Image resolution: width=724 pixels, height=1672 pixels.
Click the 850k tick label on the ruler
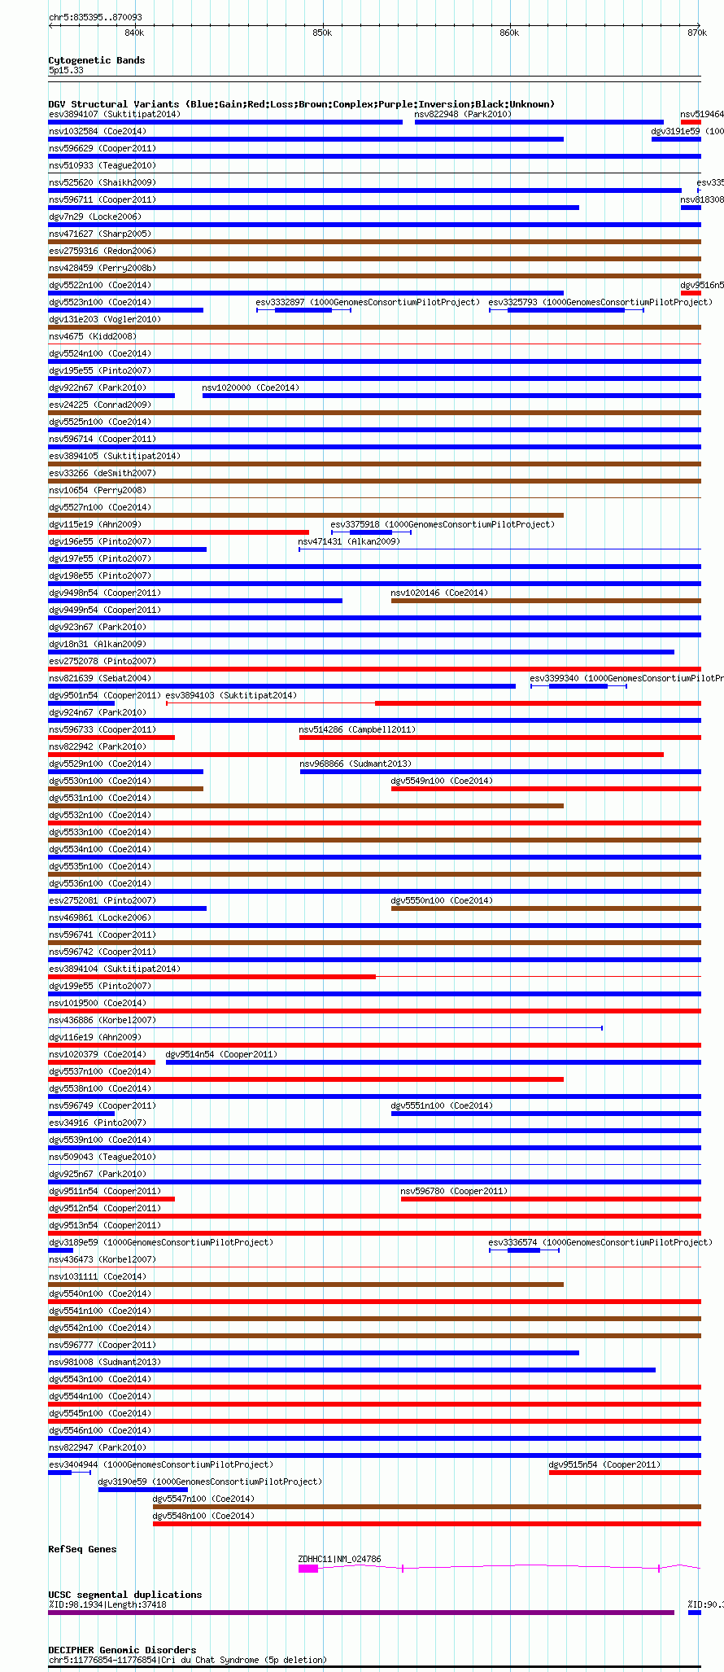[x=322, y=33]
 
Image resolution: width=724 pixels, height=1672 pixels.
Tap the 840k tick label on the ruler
[x=134, y=33]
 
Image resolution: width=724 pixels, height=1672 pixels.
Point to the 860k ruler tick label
[x=509, y=33]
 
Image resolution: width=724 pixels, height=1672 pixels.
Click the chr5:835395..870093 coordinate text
[x=95, y=17]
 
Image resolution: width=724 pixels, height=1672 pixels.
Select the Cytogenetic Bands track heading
[x=96, y=60]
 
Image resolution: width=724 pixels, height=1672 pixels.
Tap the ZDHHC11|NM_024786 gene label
[x=339, y=1559]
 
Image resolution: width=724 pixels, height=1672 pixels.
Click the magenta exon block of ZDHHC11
[x=307, y=1569]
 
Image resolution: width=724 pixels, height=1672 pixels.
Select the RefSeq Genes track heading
[x=82, y=1549]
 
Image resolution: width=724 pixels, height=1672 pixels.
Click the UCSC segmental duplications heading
[x=124, y=1595]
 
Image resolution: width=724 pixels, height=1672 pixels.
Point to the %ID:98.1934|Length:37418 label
[x=107, y=1605]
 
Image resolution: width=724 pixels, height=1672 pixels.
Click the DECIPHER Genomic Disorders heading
[x=122, y=1650]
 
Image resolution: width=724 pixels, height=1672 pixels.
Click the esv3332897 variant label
[x=280, y=302]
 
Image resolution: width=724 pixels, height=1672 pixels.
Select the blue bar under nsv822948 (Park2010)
[x=539, y=122]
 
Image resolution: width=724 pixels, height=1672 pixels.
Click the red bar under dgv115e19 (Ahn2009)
[x=178, y=532]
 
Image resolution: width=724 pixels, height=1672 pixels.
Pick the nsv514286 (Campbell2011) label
[x=357, y=729]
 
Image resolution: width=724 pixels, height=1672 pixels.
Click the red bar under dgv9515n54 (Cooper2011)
[x=624, y=1473]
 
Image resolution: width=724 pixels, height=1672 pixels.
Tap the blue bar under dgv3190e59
[x=142, y=1490]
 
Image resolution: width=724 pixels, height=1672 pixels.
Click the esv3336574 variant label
[x=512, y=1242]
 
